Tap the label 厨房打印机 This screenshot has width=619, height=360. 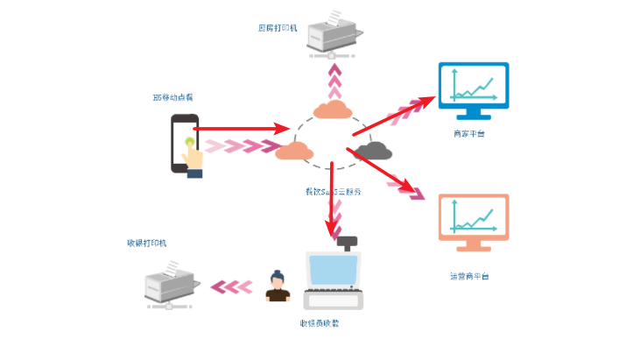[278, 28]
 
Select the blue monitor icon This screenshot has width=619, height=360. [473, 89]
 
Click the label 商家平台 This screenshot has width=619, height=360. [469, 133]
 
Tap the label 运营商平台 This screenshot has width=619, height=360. [469, 277]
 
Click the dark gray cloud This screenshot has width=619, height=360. [374, 151]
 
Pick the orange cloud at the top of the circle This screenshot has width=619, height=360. [332, 109]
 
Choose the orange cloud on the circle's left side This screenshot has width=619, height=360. [295, 151]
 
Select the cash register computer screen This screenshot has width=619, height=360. [332, 272]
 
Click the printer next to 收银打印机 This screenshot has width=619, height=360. [171, 283]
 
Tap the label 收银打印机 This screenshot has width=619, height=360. [146, 243]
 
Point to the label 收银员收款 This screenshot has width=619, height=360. [319, 323]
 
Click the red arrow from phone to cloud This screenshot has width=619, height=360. [241, 129]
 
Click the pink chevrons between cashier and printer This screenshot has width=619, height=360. [232, 286]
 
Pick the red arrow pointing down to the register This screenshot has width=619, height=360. [333, 201]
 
